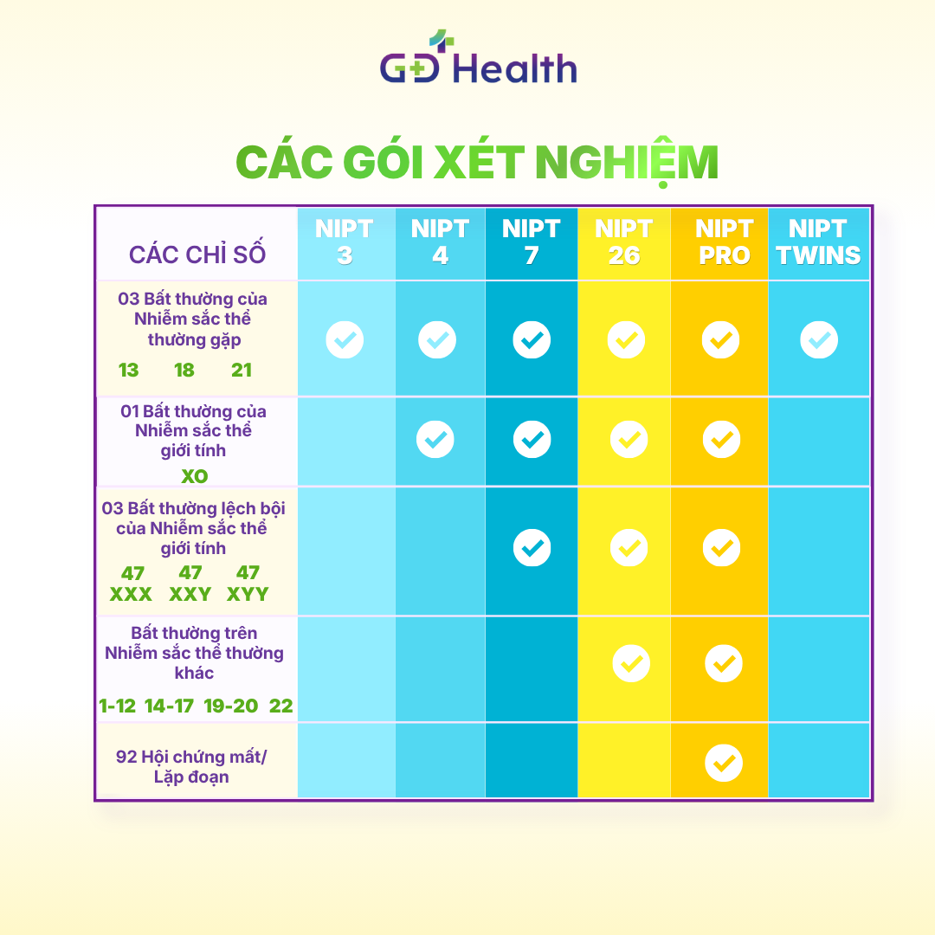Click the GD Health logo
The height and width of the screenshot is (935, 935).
(478, 56)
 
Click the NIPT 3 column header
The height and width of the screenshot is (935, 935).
(344, 242)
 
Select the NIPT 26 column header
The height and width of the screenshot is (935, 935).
(623, 242)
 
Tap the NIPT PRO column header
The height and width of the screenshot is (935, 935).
(724, 242)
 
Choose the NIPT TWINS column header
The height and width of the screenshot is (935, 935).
(818, 242)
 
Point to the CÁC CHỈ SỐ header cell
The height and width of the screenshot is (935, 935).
(197, 254)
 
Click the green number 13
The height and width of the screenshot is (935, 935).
(128, 371)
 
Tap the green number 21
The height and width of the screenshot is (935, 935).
(242, 371)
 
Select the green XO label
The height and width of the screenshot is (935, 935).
(195, 476)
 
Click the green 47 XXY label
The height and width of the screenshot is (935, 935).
(190, 584)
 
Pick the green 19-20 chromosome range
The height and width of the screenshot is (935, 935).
(231, 706)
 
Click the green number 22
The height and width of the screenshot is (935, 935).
(280, 706)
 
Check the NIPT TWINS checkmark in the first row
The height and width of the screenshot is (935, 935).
(819, 340)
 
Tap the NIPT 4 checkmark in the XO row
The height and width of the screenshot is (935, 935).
(435, 440)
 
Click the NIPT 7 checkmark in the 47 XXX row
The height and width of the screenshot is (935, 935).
(532, 547)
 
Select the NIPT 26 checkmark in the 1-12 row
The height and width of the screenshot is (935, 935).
(631, 663)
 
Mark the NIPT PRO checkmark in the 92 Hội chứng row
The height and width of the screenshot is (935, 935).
(724, 763)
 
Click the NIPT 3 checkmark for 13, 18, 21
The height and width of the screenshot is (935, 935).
(345, 340)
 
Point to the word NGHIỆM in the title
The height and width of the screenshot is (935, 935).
(627, 163)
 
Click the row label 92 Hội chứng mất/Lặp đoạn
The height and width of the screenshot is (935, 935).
(191, 767)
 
